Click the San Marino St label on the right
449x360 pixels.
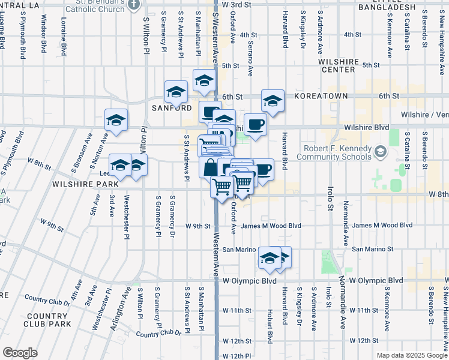[x=372, y=249]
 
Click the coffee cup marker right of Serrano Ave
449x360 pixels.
[x=255, y=124]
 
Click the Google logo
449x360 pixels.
[x=20, y=353]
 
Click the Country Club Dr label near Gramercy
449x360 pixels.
[x=158, y=333]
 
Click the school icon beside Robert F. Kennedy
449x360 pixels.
[x=379, y=152]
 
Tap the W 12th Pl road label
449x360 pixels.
[x=237, y=356]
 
